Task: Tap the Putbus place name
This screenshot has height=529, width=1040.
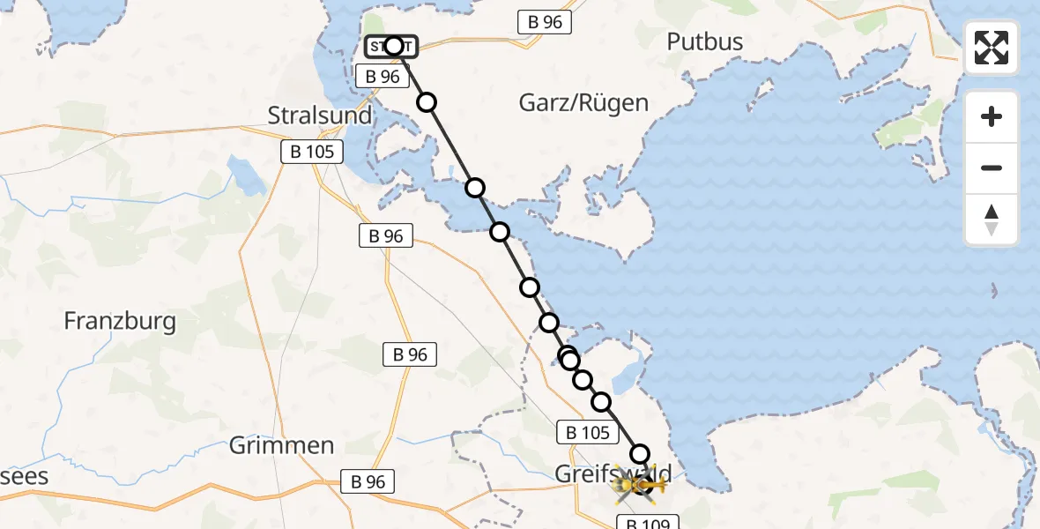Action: pyautogui.click(x=704, y=41)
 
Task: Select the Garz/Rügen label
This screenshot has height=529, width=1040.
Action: pyautogui.click(x=583, y=102)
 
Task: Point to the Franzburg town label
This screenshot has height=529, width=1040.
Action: pyautogui.click(x=120, y=320)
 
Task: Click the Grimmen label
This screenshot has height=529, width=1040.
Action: pyautogui.click(x=281, y=445)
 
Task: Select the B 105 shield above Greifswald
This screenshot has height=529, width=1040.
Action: pyautogui.click(x=583, y=432)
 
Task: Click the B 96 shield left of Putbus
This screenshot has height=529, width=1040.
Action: pyautogui.click(x=540, y=22)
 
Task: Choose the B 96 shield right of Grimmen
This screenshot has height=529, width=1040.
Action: pyautogui.click(x=368, y=481)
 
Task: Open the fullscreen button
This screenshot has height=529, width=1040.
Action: pyautogui.click(x=992, y=48)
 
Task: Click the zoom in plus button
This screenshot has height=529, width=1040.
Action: pyautogui.click(x=992, y=116)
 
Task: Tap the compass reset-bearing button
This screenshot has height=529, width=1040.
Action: pyautogui.click(x=992, y=220)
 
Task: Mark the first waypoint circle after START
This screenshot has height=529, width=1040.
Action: pyautogui.click(x=427, y=102)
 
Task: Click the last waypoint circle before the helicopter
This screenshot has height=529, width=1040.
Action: pyautogui.click(x=639, y=453)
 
